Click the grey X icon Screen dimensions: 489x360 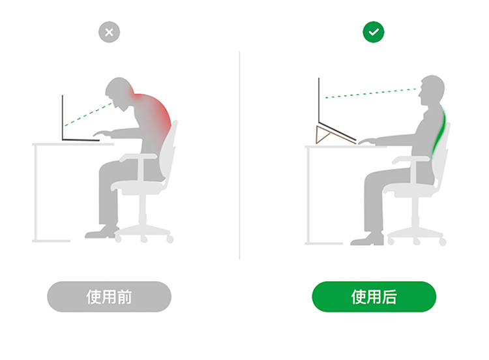point(109,32)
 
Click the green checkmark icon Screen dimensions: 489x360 point(374,32)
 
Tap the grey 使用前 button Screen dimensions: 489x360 point(109,297)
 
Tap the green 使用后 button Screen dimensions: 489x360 point(374,297)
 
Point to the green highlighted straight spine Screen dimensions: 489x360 point(439,131)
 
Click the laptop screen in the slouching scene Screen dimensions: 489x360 point(63,117)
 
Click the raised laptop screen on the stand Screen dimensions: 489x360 point(319,100)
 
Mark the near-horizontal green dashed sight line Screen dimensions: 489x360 point(371,93)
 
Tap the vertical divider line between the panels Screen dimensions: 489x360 point(239,155)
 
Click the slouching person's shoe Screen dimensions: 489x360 point(100,233)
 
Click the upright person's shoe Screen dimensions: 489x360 point(366,239)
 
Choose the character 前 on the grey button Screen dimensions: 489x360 point(125,297)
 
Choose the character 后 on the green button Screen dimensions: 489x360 point(389,297)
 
